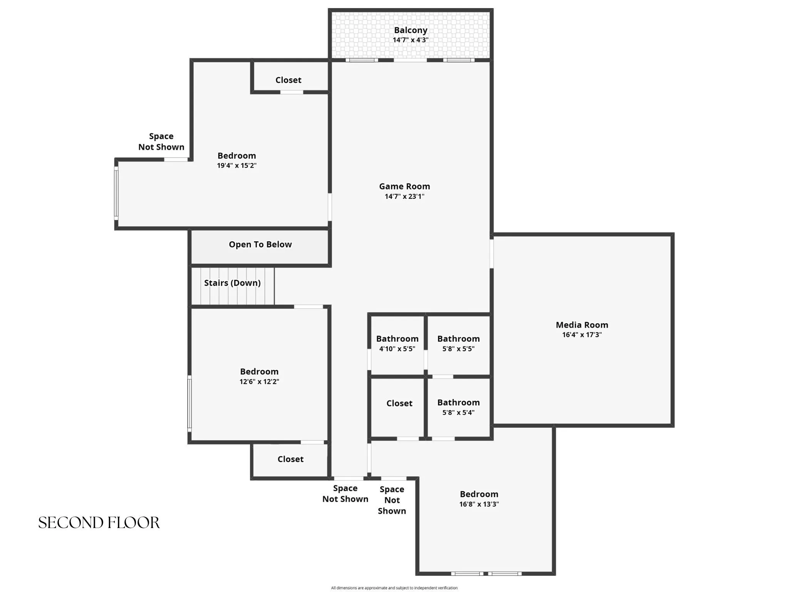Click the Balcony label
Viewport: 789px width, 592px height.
coord(410,30)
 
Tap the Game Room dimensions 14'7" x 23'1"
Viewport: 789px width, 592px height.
coord(405,196)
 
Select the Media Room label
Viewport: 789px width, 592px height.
coord(582,325)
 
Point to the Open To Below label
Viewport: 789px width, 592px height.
coord(260,244)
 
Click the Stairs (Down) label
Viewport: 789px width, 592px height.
coord(232,283)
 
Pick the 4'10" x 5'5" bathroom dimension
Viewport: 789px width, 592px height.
coord(397,349)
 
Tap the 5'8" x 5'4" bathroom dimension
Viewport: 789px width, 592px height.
coord(458,412)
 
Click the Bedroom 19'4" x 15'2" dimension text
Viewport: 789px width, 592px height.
coord(237,166)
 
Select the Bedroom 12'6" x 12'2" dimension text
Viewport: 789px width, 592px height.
coord(259,382)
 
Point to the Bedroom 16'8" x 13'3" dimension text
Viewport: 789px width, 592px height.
coord(479,504)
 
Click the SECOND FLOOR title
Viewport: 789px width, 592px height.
coord(99,523)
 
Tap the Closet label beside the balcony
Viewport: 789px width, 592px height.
coord(288,80)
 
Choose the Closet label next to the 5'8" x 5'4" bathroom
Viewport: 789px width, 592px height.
coord(399,403)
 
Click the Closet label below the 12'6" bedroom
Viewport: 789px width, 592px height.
coord(290,459)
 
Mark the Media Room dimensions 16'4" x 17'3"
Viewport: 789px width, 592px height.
coord(582,335)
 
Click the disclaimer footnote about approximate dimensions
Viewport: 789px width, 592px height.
coord(394,588)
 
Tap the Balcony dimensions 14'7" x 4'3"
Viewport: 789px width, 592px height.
coord(410,40)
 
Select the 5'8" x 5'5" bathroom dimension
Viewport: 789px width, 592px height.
coord(458,349)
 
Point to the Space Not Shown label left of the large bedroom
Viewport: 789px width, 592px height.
coord(161,141)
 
